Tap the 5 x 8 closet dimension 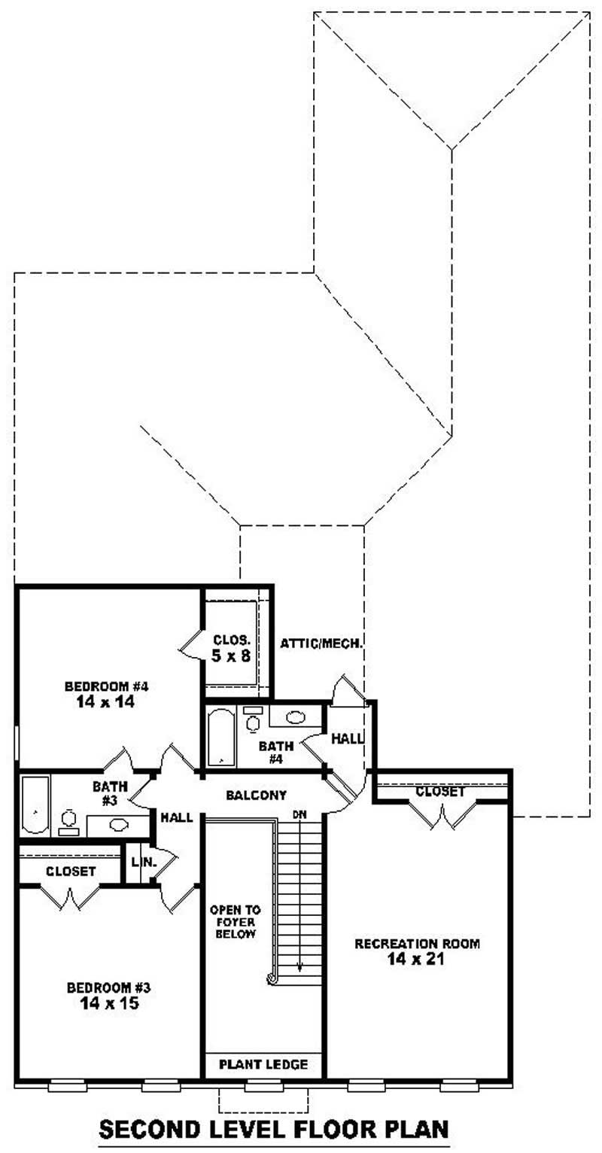(231, 656)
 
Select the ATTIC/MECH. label (322, 643)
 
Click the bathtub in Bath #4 (220, 737)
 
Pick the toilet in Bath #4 (253, 722)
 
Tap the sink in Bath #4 (295, 717)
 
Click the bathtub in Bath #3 (35, 806)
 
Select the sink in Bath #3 (118, 824)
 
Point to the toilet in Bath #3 (69, 820)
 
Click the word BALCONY (256, 795)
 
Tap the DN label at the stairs (299, 815)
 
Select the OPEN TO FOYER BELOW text (236, 922)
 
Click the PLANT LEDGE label (263, 1064)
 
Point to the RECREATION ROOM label (417, 943)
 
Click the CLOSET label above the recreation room (440, 792)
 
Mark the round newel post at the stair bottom (272, 978)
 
